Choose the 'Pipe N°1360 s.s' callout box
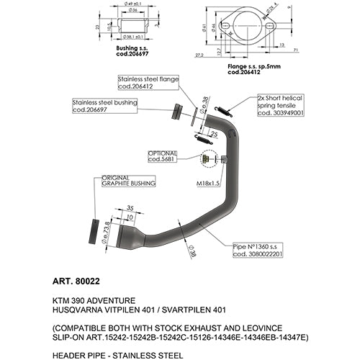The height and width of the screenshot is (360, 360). click(x=258, y=250)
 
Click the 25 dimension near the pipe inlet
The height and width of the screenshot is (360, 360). click(x=213, y=133)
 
